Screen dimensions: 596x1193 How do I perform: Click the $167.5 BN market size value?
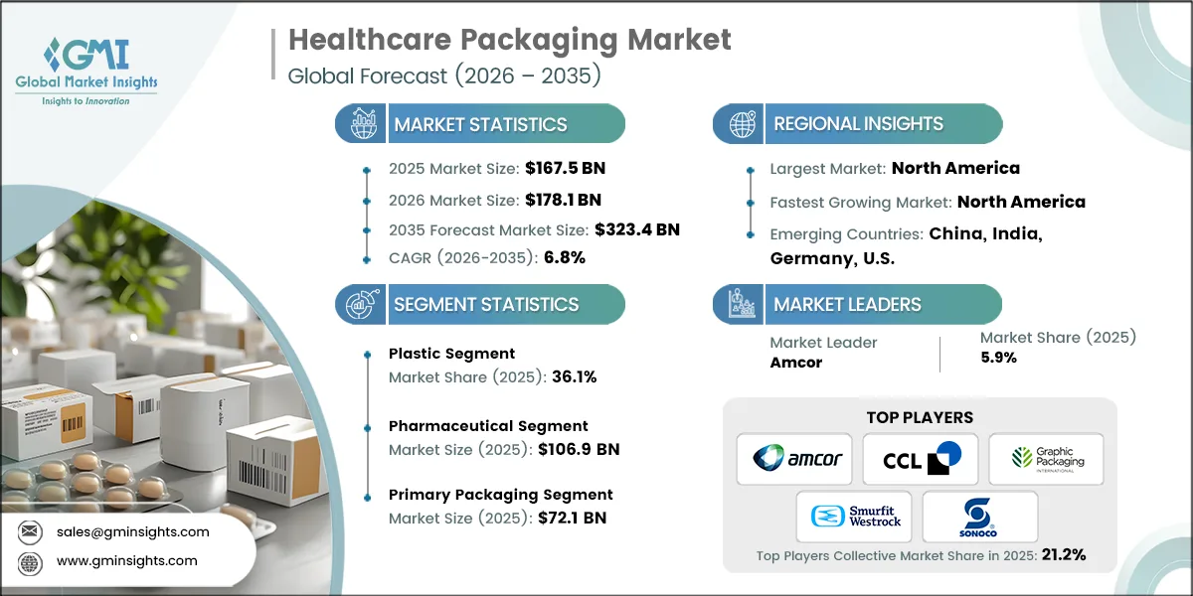click(558, 168)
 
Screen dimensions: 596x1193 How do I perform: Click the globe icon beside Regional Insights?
click(740, 124)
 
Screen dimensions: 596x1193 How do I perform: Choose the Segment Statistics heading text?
click(486, 304)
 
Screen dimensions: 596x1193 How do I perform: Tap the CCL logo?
click(920, 459)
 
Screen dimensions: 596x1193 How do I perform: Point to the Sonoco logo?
click(979, 517)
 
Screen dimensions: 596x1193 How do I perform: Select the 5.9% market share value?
click(998, 358)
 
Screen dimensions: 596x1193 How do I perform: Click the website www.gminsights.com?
click(126, 561)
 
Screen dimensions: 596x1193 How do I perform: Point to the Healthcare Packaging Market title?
click(509, 40)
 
